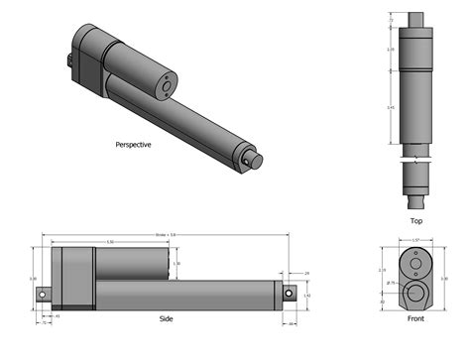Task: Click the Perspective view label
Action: click(x=133, y=144)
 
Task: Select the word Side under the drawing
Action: click(x=166, y=319)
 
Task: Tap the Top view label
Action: click(x=417, y=220)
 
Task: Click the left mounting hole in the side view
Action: click(x=44, y=295)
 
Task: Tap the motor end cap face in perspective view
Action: click(x=163, y=87)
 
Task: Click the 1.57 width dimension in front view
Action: click(x=417, y=239)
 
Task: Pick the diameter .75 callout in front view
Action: click(x=392, y=284)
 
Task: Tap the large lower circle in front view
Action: click(x=417, y=293)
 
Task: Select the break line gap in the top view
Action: click(x=417, y=158)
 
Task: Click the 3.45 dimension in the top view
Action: click(x=392, y=109)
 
